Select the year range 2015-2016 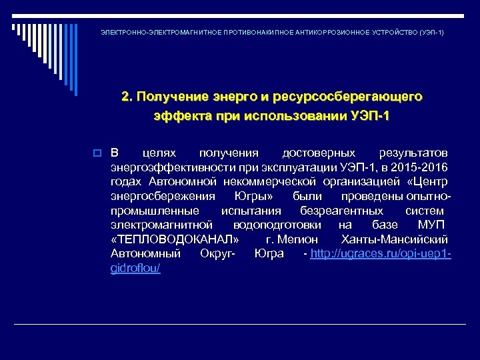[x=421, y=167]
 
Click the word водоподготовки [x=276, y=225]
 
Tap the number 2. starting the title [x=127, y=97]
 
